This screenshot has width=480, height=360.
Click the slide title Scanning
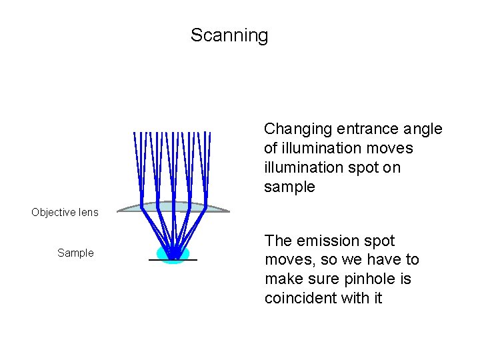[x=229, y=35]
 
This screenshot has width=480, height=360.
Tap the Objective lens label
[x=65, y=213]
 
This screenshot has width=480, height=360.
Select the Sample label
[x=75, y=253]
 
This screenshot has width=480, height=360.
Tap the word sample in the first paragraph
[x=289, y=187]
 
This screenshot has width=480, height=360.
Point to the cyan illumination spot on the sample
[x=160, y=253]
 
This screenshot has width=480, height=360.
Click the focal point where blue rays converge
[x=173, y=257]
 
